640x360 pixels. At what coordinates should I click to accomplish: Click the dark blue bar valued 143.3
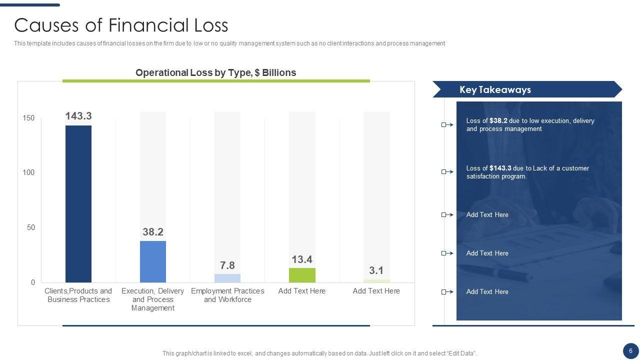click(78, 203)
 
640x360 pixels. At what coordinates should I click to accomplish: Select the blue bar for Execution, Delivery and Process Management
click(153, 261)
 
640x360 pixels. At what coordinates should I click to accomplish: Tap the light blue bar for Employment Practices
click(227, 278)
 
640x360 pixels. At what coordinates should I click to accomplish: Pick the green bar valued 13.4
click(302, 275)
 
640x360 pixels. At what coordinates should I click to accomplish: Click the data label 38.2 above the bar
click(153, 232)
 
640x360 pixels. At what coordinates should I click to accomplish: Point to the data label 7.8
click(227, 265)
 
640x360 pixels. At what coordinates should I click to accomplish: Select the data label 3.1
click(376, 270)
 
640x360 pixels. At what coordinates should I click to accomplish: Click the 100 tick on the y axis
click(28, 172)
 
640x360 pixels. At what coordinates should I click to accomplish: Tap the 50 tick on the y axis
click(30, 227)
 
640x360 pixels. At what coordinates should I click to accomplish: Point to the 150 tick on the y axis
click(28, 118)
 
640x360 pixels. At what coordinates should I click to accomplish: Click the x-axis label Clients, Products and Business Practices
click(78, 295)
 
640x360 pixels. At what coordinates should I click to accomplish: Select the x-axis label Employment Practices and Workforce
click(227, 295)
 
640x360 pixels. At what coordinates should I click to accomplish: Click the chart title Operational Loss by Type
click(215, 72)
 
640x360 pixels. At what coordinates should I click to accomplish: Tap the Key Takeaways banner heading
click(495, 90)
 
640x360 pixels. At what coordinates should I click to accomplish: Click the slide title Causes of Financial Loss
click(121, 25)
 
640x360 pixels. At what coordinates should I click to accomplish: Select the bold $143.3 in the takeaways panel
click(500, 168)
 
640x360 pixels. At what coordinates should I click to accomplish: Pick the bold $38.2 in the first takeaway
click(498, 121)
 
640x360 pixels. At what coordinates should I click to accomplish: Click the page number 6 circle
click(630, 350)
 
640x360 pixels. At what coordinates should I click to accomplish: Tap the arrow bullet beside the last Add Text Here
click(447, 292)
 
